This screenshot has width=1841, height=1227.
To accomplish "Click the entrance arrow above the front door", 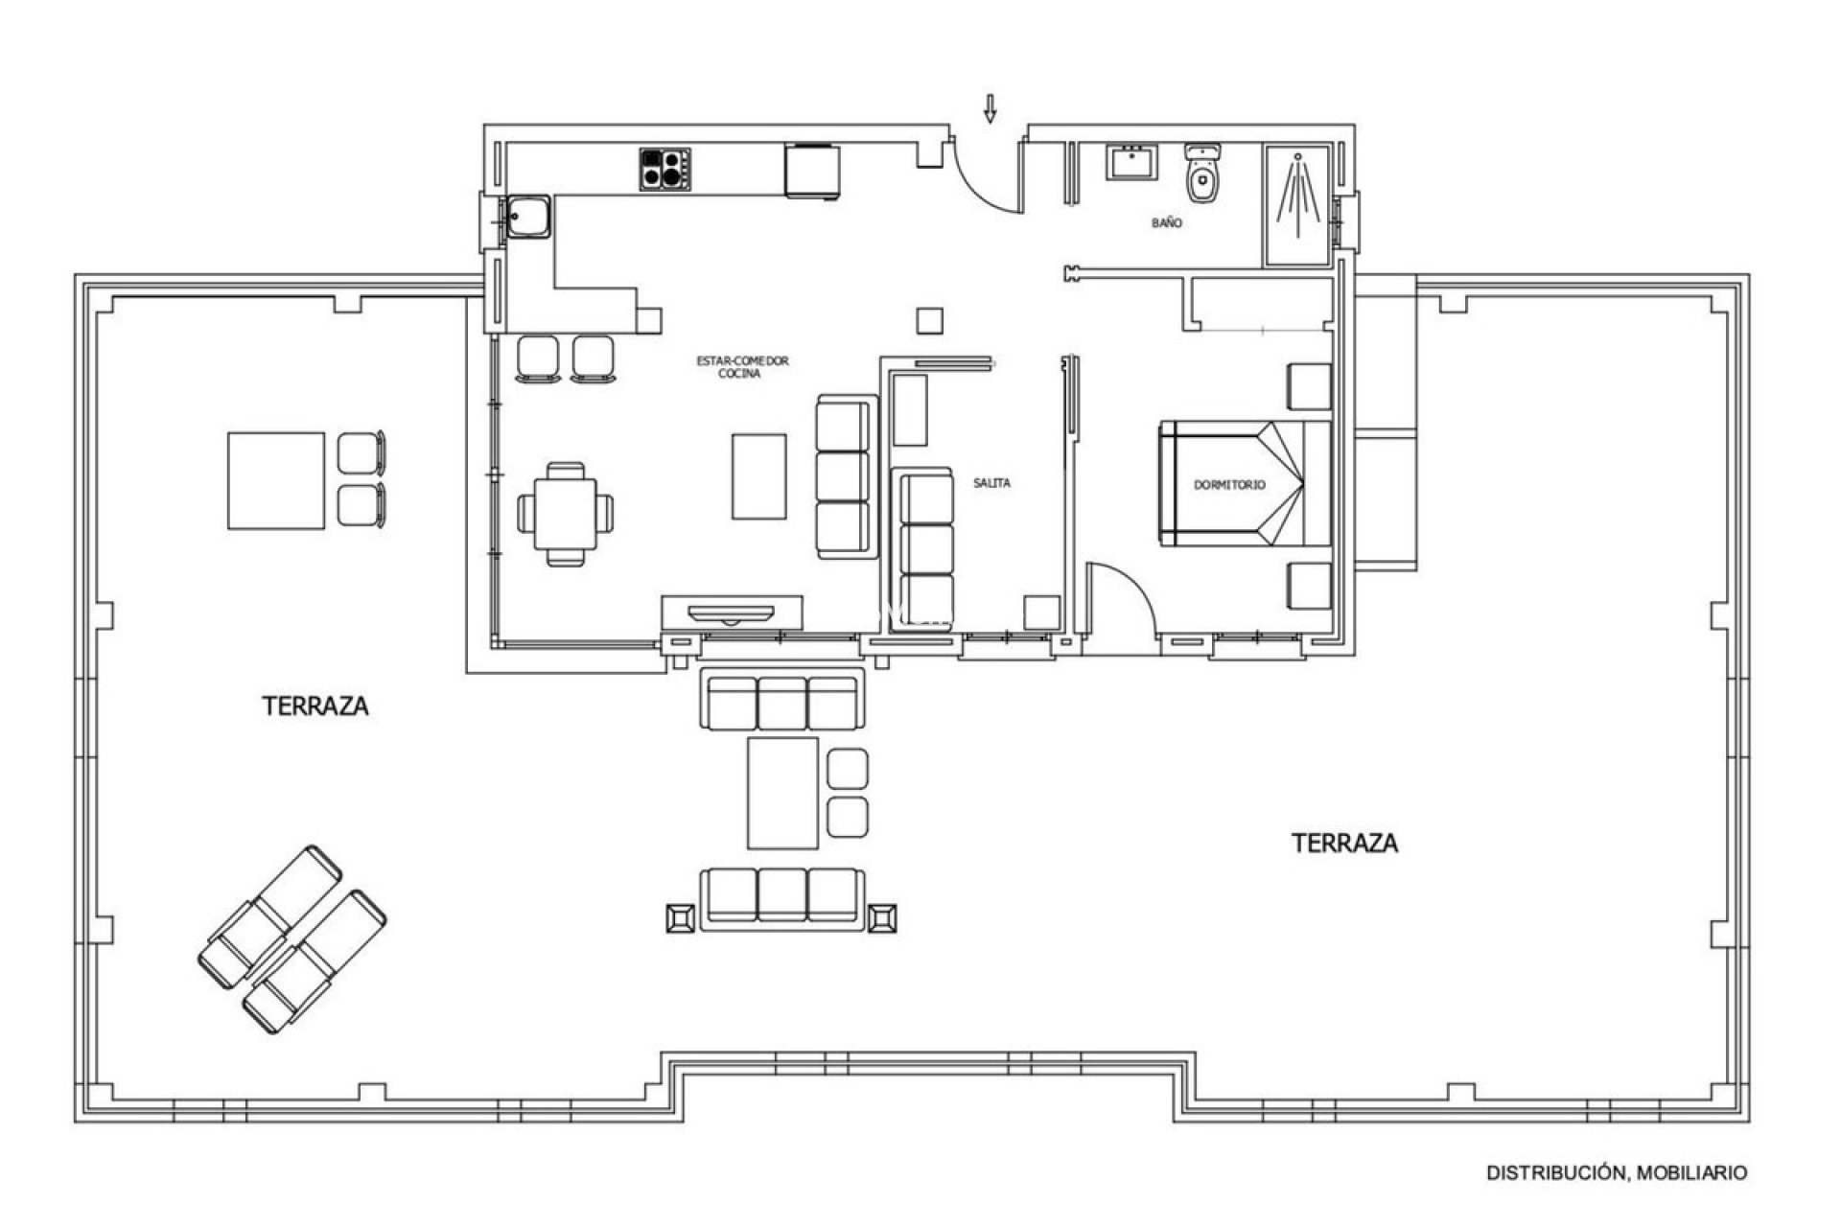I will click(x=990, y=109).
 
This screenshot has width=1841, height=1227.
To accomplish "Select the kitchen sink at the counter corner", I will click(x=527, y=219).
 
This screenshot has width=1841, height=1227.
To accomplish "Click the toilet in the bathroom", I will click(x=1202, y=175).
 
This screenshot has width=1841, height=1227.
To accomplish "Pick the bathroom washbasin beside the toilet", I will click(x=1133, y=164).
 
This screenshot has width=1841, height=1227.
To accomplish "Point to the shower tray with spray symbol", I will click(x=1296, y=204).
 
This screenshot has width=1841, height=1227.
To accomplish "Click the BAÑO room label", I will click(x=1167, y=222).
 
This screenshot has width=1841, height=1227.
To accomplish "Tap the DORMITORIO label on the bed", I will click(x=1229, y=485).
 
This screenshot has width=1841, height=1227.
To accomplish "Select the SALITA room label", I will click(x=991, y=483).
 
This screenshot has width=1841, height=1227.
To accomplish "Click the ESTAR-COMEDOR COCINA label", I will click(x=741, y=367).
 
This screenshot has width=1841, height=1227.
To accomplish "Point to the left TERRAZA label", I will click(x=315, y=706).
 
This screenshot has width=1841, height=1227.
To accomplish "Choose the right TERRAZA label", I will click(x=1344, y=844).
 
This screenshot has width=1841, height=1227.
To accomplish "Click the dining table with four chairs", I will click(x=565, y=513).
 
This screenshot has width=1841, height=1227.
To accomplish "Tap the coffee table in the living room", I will click(x=759, y=476).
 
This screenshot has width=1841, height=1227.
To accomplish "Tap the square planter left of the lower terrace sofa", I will click(x=680, y=918).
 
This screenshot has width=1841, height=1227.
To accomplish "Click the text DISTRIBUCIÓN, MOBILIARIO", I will click(x=1617, y=1172).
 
